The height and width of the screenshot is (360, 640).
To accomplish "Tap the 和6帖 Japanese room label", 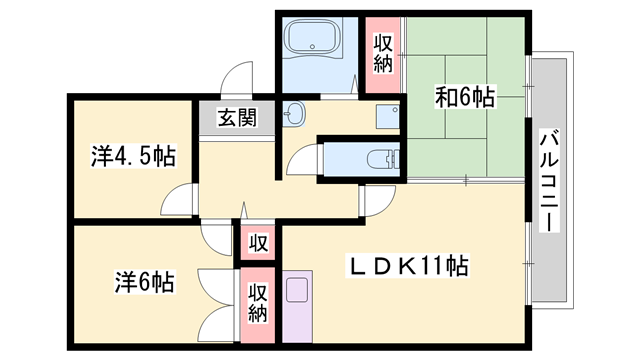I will coord(464,97).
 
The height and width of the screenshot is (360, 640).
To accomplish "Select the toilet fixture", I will coord(381,158).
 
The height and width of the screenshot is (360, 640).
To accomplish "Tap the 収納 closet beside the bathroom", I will coord(382,54).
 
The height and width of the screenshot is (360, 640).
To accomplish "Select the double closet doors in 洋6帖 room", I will coord(215,306).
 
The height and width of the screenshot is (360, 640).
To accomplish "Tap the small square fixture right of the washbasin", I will coord(386,115).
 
